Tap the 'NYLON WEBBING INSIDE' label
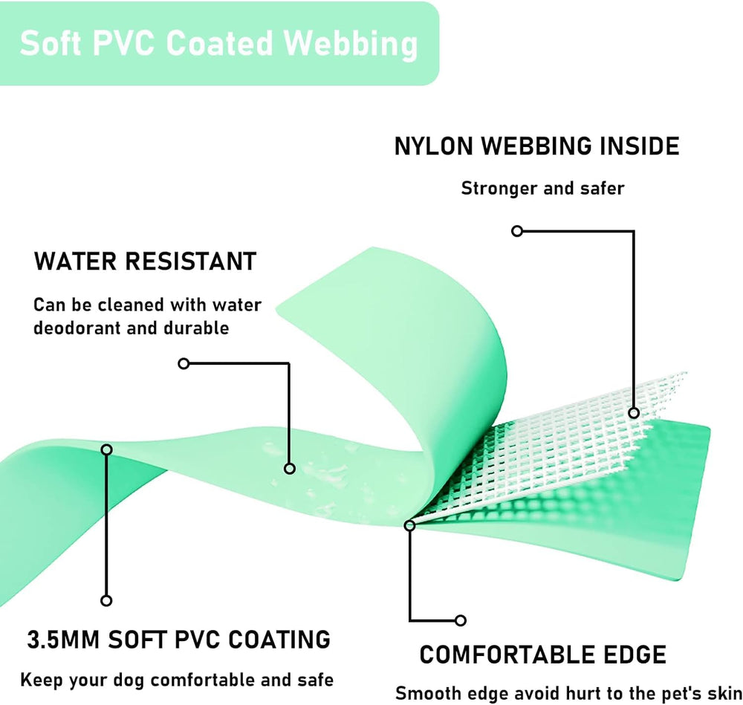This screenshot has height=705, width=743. click(x=536, y=146)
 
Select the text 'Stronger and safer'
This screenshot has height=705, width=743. click(x=542, y=188)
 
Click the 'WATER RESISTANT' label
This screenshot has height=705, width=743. click(x=145, y=261)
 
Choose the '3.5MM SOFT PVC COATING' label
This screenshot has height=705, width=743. click(x=178, y=639)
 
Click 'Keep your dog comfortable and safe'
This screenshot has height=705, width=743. click(x=177, y=679)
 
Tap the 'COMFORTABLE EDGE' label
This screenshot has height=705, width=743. click(x=542, y=654)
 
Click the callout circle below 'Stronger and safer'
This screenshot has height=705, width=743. click(x=517, y=231)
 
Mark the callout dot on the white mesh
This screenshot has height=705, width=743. click(x=633, y=412)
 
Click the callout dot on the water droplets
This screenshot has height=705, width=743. click(x=290, y=468)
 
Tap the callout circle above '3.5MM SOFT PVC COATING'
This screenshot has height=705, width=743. click(x=106, y=600)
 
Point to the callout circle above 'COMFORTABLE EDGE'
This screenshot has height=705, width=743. click(x=461, y=620)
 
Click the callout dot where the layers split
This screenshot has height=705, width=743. click(x=409, y=525)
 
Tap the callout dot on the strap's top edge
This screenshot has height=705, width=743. click(x=106, y=449)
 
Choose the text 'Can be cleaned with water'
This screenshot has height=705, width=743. click(x=147, y=305)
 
